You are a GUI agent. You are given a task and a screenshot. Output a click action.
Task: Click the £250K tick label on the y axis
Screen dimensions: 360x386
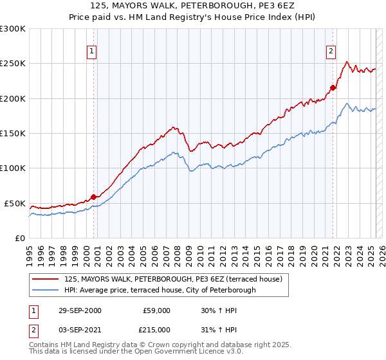point(12,64)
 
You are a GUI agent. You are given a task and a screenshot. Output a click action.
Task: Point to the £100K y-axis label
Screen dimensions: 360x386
point(12,168)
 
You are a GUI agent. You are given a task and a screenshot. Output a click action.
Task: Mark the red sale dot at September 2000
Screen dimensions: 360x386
point(94,197)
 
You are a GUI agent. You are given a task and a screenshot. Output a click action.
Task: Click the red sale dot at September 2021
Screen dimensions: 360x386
point(333,88)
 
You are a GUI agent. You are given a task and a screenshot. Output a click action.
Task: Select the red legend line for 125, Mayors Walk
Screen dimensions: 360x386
point(46,279)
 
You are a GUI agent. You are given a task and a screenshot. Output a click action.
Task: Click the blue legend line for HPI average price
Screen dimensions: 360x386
point(46,290)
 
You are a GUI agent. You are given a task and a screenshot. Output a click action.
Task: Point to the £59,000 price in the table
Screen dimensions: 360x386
point(156,310)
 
